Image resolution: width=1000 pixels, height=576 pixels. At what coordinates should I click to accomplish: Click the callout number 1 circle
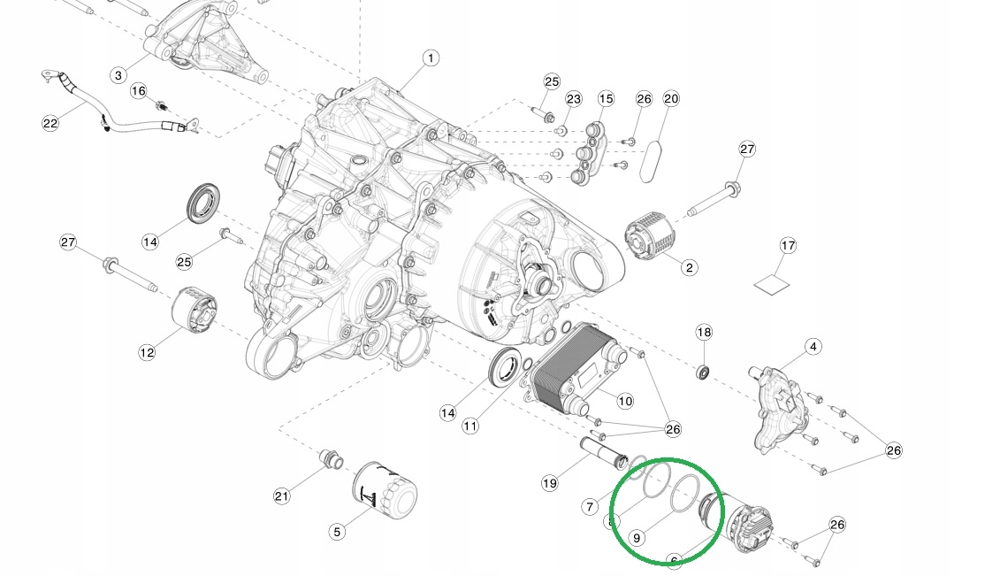tap(430, 59)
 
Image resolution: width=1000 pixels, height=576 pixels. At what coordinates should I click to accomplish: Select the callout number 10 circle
tap(625, 401)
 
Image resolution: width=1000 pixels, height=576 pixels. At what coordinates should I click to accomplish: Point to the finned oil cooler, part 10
tap(574, 366)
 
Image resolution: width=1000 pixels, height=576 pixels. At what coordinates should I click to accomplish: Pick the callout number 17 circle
tap(788, 244)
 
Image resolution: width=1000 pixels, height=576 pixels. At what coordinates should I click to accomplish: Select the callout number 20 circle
tap(671, 98)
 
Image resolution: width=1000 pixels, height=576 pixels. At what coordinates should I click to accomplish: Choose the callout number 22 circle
tap(50, 123)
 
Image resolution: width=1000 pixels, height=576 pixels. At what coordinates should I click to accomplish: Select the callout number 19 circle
tap(550, 483)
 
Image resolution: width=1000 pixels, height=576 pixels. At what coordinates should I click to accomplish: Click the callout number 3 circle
tap(118, 75)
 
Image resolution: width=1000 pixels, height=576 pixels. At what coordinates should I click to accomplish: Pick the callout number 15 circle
tap(605, 98)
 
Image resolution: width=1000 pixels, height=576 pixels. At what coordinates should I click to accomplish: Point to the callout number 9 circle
tap(637, 537)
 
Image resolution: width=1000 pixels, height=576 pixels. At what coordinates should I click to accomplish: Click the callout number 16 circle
tap(139, 91)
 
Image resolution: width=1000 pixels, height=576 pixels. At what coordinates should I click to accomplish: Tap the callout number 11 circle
tap(470, 426)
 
